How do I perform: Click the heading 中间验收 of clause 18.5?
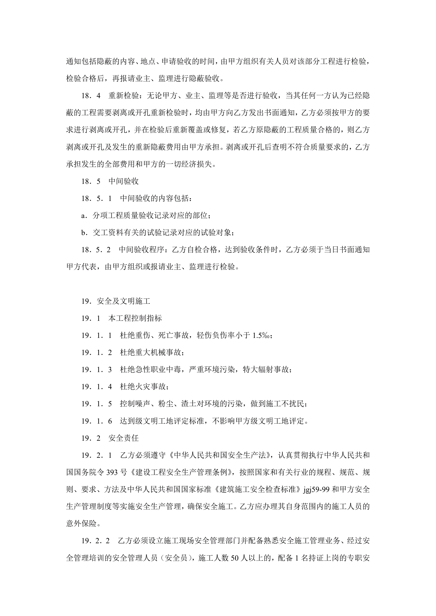coord(124,181)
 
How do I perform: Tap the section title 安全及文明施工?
coord(124,301)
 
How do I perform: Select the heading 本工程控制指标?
coord(135,318)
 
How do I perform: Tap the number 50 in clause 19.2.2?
coord(235,558)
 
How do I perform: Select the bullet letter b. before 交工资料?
coord(85,233)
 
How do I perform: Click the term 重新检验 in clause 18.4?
coord(124,96)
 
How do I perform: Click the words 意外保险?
coord(81,524)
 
